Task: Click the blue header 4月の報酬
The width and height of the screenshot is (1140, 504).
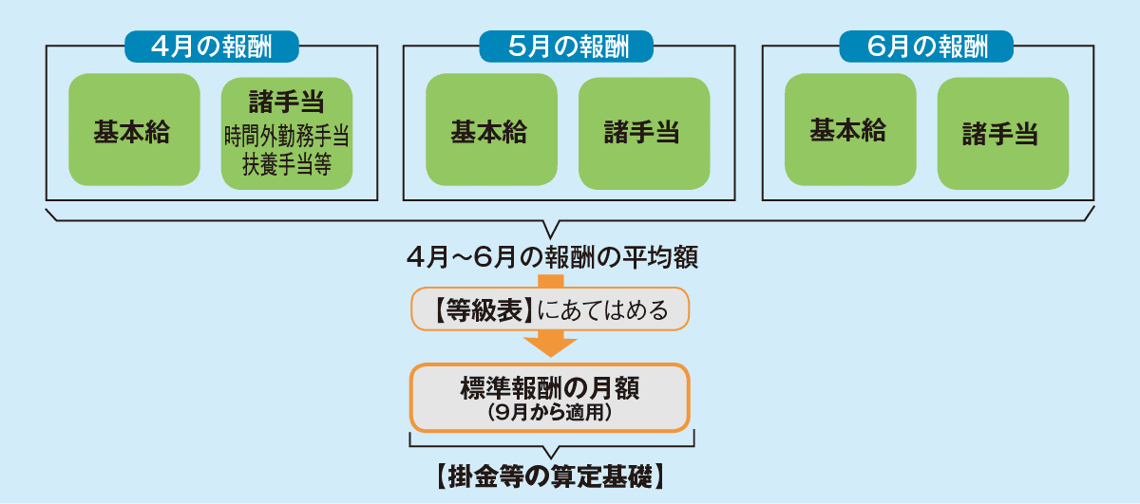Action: [212, 47]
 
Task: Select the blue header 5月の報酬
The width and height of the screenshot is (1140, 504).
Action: [566, 47]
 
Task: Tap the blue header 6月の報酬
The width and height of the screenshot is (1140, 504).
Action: [926, 47]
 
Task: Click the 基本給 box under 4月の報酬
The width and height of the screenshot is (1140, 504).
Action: [134, 130]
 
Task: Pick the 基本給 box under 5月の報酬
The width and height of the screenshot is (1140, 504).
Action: [492, 130]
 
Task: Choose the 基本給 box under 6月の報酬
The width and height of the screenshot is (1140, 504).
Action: [850, 130]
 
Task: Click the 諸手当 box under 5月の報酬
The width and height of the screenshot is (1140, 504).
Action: [644, 133]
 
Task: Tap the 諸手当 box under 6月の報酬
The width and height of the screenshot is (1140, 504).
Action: [1003, 133]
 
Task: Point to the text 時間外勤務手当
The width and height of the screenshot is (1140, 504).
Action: [287, 136]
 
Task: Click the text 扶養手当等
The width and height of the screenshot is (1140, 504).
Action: [287, 164]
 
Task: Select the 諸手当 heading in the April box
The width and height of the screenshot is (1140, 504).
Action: [287, 102]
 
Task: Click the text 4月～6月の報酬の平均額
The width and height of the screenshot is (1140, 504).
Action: [552, 257]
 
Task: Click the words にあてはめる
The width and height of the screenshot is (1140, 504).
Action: [602, 310]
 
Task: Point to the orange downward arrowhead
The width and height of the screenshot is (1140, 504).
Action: [550, 347]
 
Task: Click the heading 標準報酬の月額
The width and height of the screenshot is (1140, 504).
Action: [550, 388]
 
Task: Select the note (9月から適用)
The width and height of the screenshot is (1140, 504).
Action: [550, 413]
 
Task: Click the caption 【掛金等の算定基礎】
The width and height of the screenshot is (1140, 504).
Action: [551, 476]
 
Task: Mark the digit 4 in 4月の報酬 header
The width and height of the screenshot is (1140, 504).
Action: [160, 47]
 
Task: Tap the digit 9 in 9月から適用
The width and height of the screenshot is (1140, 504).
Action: [502, 413]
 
